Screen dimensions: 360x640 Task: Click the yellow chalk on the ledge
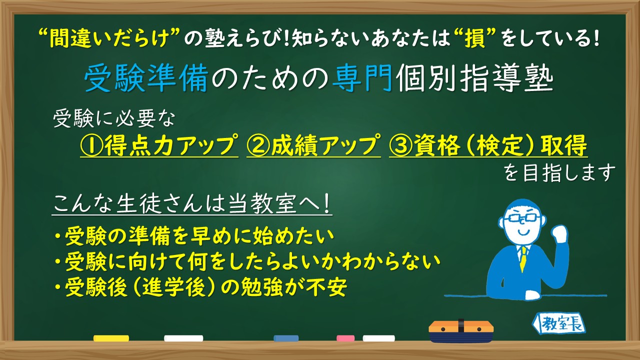[111, 338]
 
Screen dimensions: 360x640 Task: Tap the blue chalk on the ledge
[286, 338]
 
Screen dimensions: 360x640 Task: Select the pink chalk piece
[345, 338]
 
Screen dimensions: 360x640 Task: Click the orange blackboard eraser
[461, 330]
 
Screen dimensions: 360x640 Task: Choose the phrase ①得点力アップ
[159, 145]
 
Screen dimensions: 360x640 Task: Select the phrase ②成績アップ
[313, 145]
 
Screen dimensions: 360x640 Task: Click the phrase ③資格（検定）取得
[488, 145]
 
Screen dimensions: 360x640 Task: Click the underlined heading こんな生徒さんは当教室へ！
[192, 205]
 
